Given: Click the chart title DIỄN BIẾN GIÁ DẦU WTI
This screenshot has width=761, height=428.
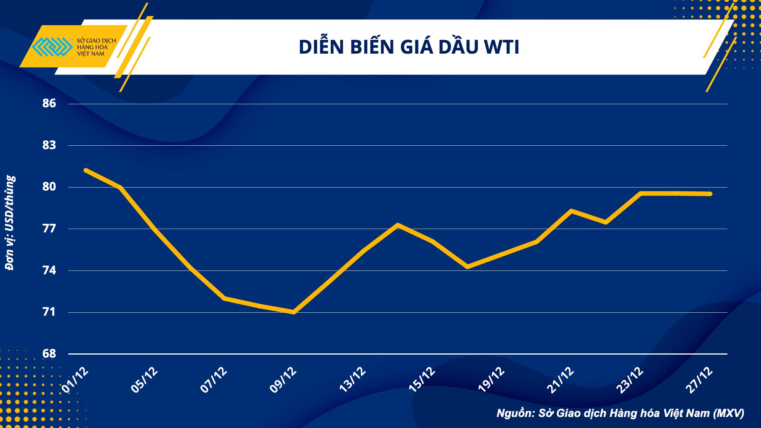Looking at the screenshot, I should (409, 47).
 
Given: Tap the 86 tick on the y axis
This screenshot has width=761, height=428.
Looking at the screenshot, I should (49, 103).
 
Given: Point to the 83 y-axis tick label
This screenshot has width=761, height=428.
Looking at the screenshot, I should (49, 145).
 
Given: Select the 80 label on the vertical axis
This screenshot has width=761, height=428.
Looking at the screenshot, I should (49, 186).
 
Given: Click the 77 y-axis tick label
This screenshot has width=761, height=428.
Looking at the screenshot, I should (49, 228).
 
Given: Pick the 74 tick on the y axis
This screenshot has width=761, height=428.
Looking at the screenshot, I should (49, 270).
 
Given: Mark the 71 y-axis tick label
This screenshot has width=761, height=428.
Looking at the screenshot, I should (49, 312).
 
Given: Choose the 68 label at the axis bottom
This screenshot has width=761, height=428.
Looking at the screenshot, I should (49, 353).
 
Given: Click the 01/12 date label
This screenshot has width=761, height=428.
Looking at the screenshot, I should (75, 380).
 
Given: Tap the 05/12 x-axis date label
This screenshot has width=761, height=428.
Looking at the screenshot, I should (144, 380).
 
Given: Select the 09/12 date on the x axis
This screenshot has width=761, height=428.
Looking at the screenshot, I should (283, 380).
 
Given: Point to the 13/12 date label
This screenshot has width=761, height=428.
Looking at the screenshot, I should (352, 380).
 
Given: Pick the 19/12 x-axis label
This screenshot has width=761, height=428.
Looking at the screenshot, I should (491, 380).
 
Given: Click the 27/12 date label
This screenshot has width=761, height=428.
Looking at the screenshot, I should (699, 380).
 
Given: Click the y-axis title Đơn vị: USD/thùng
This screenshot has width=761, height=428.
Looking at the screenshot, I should (10, 223).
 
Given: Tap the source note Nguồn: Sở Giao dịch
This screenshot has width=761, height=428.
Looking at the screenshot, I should (620, 413).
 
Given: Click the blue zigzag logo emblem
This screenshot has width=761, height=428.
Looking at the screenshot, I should (52, 47).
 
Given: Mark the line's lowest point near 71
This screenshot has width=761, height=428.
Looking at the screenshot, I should (294, 312).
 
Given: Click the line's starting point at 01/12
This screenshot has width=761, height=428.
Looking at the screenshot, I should (86, 170).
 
